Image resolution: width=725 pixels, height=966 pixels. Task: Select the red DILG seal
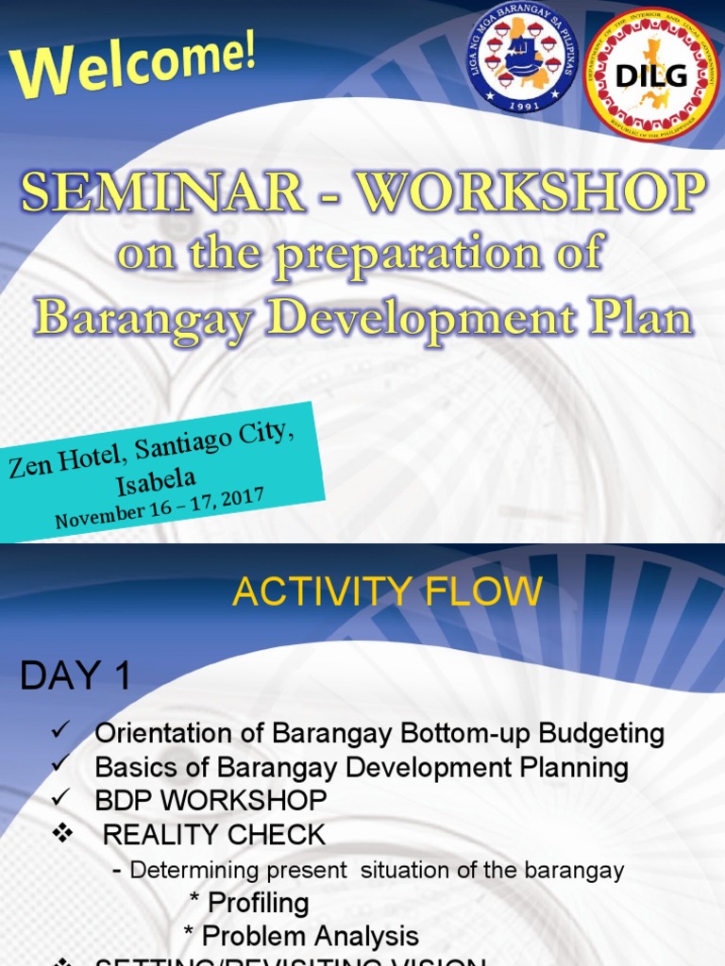(650, 75)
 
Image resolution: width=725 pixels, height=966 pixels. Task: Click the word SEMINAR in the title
(163, 192)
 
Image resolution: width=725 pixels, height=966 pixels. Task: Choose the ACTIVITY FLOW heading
(387, 592)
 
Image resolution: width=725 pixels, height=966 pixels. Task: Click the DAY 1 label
(76, 675)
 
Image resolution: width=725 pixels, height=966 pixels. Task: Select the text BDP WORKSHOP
(211, 801)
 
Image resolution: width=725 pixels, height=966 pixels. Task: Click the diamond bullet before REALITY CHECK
(63, 834)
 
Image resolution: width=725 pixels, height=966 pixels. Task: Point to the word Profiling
(258, 903)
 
